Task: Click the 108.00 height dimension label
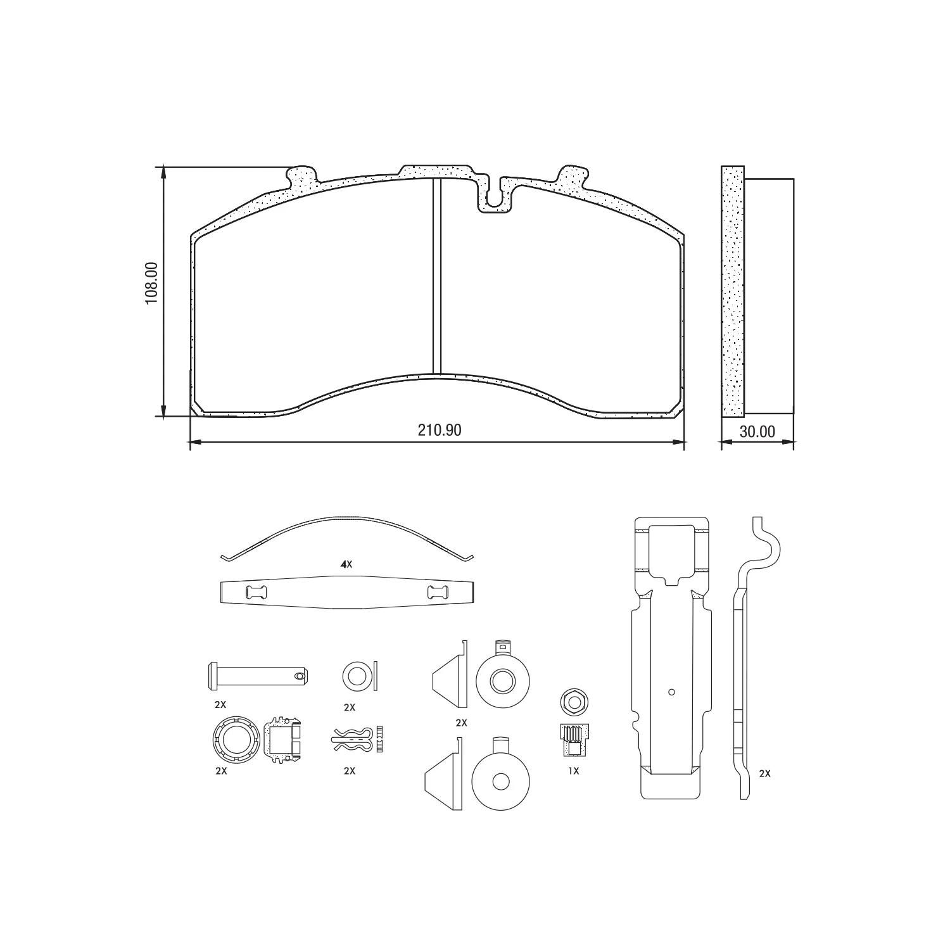click(x=151, y=284)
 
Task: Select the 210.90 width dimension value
click(x=440, y=430)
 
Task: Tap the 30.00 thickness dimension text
click(x=757, y=431)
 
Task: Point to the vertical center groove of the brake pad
click(x=436, y=276)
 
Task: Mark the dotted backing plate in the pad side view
click(x=733, y=291)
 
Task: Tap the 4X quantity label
click(x=346, y=564)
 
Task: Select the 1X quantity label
click(x=573, y=771)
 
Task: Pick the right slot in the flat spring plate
click(x=438, y=593)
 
